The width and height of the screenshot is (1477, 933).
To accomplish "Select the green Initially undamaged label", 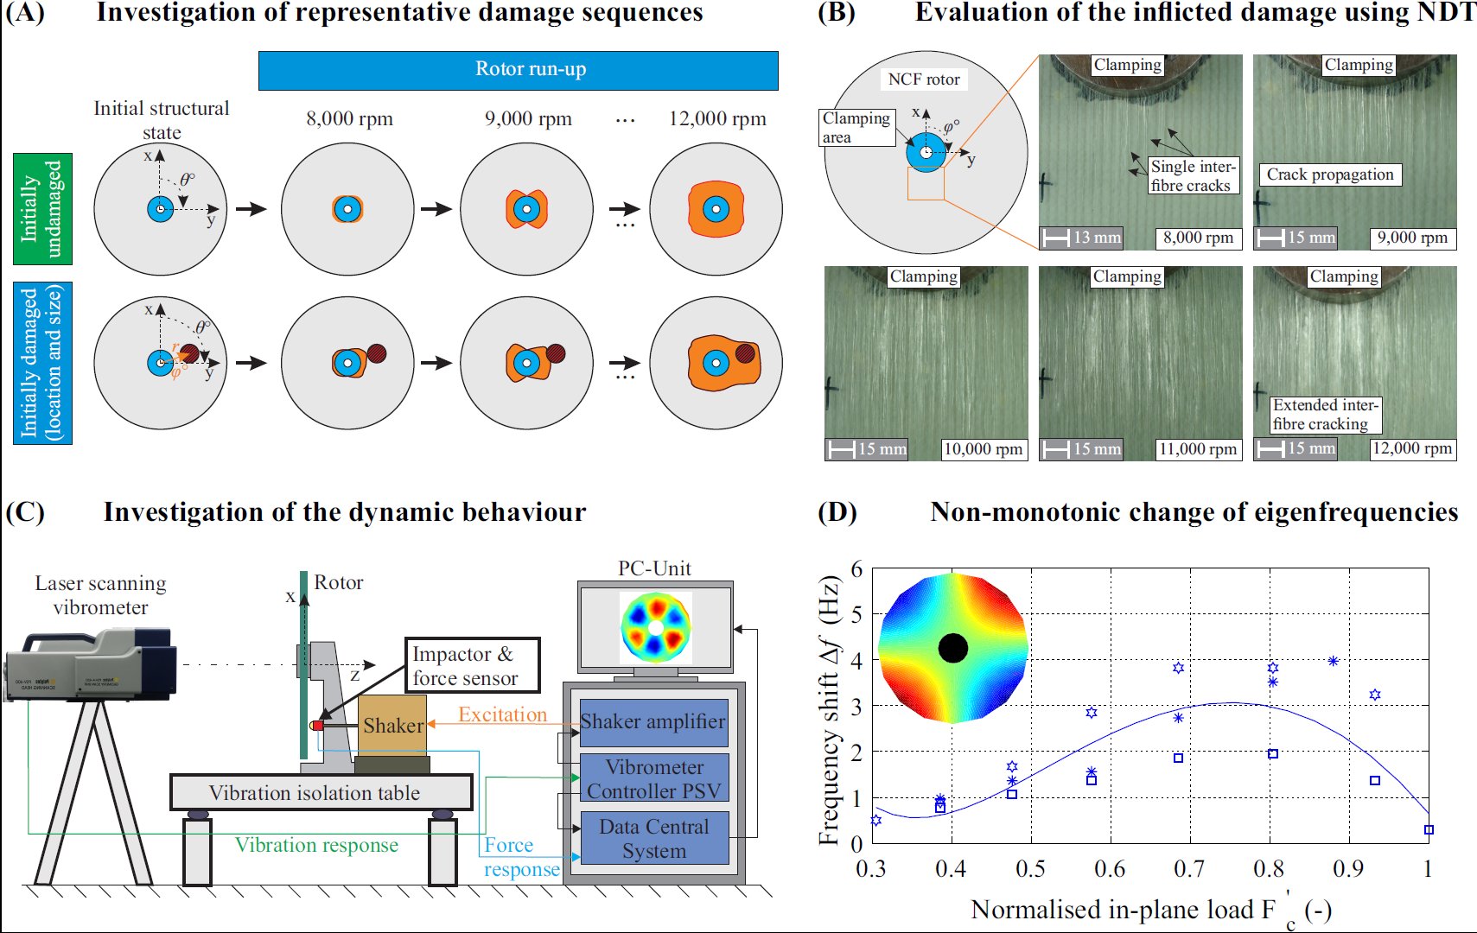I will click(x=42, y=208).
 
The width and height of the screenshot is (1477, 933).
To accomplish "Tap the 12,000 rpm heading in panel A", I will click(x=717, y=119).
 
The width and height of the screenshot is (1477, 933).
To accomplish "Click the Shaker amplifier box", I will click(x=653, y=722).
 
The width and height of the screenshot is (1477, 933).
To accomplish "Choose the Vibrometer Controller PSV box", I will click(x=653, y=778).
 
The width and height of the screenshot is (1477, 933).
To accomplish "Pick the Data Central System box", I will click(x=653, y=838).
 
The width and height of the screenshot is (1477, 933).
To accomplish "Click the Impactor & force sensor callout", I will click(x=472, y=666).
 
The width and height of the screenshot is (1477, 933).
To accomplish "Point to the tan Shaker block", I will click(x=392, y=726).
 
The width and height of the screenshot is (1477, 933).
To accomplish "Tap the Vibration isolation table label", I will click(x=315, y=793).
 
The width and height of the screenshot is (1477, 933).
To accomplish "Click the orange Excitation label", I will click(x=502, y=714).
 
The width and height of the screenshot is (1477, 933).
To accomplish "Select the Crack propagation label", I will click(x=1329, y=175).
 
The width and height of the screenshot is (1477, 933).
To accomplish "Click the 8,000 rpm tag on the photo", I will click(x=1198, y=238).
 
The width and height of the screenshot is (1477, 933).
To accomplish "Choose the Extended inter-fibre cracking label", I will click(x=1325, y=415).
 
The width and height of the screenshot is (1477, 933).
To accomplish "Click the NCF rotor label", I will click(x=924, y=79).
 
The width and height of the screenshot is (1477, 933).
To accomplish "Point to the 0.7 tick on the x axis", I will click(x=1189, y=867).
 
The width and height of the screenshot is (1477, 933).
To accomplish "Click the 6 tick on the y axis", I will click(x=856, y=569).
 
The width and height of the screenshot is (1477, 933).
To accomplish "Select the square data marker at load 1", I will click(x=1429, y=829).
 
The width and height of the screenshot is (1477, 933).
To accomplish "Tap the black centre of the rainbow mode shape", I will click(x=952, y=648).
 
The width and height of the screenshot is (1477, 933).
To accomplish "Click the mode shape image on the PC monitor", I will click(x=655, y=626).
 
